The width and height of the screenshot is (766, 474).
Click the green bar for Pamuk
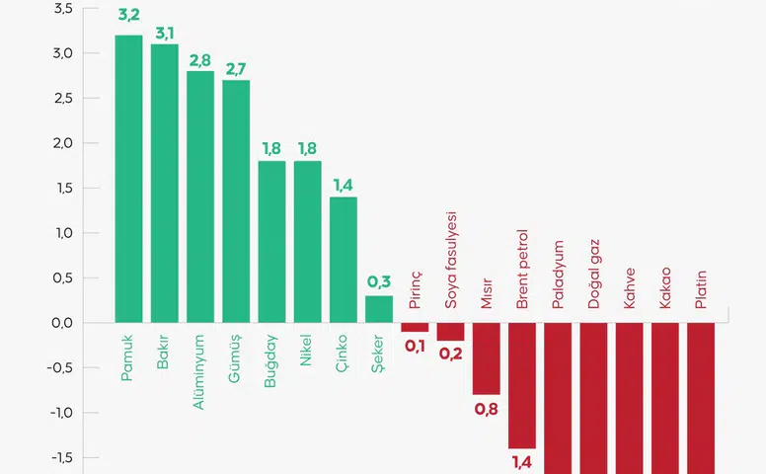(128, 179)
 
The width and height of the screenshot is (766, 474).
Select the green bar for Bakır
(164, 183)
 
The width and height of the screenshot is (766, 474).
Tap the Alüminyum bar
(200, 197)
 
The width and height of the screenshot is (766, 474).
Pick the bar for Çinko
(343, 260)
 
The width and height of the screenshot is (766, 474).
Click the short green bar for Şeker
(379, 309)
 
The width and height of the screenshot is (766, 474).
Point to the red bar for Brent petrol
(522, 385)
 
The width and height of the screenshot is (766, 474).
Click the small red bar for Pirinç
(415, 327)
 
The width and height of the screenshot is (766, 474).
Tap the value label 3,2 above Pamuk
(128, 17)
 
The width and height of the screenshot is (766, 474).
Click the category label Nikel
(307, 351)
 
